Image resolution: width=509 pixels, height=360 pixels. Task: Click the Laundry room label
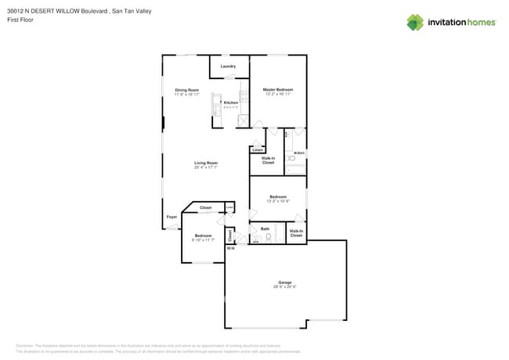[x=228, y=67]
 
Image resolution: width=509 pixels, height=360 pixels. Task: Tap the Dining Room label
[x=186, y=90]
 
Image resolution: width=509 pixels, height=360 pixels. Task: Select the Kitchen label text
[x=231, y=103]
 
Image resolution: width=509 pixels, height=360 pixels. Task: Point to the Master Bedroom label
[x=277, y=90]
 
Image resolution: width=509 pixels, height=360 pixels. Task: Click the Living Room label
[x=206, y=163]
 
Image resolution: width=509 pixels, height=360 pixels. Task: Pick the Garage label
[x=285, y=283]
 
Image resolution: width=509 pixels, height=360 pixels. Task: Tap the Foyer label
[x=171, y=217]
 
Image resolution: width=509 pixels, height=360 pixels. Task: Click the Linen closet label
[x=257, y=149]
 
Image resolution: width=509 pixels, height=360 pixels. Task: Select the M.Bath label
[x=299, y=153]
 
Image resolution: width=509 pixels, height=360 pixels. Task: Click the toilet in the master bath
[x=291, y=159]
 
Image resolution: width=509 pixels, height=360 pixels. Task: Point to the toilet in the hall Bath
[x=268, y=236]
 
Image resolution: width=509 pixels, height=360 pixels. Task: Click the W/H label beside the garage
[x=230, y=249]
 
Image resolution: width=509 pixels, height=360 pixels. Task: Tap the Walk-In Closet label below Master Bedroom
[x=268, y=160]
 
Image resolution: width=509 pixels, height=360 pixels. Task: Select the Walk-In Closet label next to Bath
[x=296, y=232]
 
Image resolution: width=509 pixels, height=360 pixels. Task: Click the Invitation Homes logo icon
[x=415, y=22]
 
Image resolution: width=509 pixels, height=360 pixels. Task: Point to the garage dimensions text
[x=285, y=287]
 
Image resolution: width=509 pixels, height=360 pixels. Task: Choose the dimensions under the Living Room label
[x=206, y=167]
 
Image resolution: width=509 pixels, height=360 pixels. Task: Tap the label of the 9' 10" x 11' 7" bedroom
[x=203, y=236]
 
